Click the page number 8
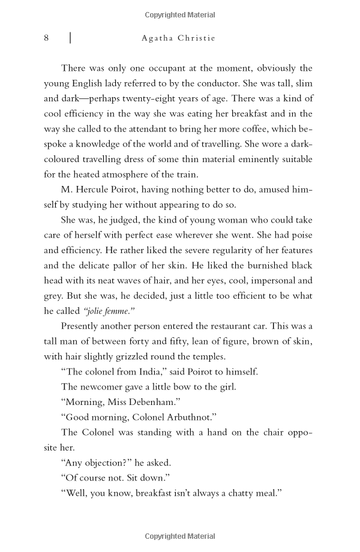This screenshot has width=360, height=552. pos(46,38)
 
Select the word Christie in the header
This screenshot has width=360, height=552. pos(196,38)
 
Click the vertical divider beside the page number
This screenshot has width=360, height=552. pos(70,38)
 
